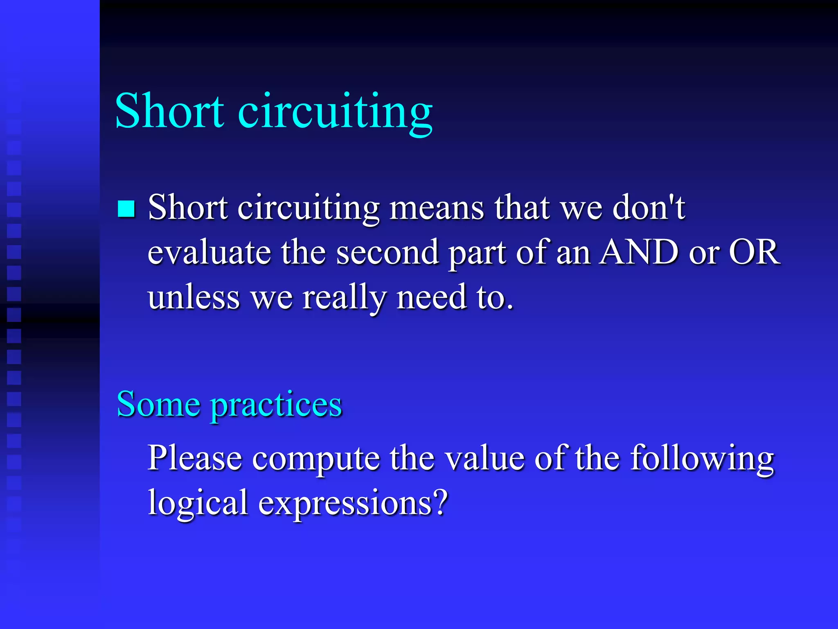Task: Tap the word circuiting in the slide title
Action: [x=335, y=112]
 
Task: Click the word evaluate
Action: [x=209, y=252]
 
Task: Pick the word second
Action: [x=387, y=252]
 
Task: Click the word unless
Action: [x=194, y=297]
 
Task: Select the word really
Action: [x=344, y=298]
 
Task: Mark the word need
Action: [x=432, y=297]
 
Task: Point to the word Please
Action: [x=195, y=458]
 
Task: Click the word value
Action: [x=484, y=458]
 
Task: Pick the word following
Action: [x=702, y=459]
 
